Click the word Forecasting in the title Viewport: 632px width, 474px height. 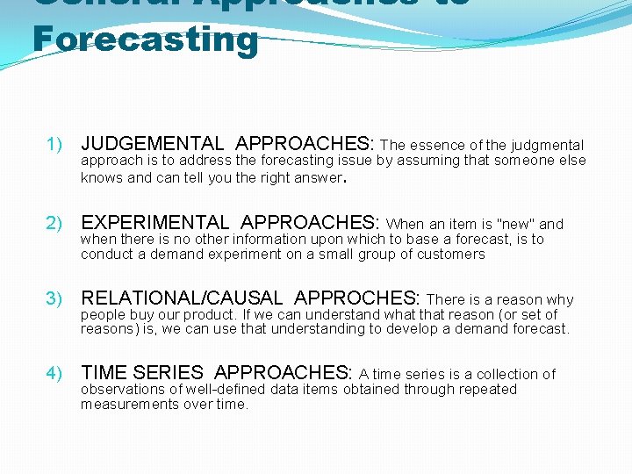click(145, 40)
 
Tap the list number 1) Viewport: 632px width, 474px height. click(55, 144)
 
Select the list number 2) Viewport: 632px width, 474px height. click(55, 222)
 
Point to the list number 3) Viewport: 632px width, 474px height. click(55, 299)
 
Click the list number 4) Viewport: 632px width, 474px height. click(55, 374)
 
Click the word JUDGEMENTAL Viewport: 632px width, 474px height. click(152, 144)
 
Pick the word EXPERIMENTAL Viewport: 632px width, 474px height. click(154, 222)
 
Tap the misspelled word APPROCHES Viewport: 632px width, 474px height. click(357, 299)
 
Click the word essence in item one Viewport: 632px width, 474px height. click(437, 145)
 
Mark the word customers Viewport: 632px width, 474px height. click(452, 255)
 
